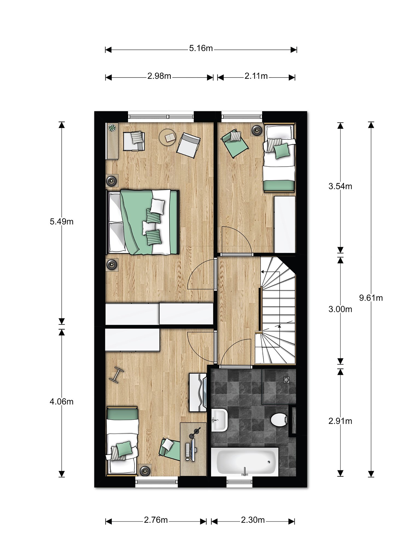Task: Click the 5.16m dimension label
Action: click(x=201, y=48)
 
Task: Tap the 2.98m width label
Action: click(x=159, y=76)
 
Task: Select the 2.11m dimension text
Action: click(x=256, y=76)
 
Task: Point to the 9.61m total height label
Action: click(x=371, y=298)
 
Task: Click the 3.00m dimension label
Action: click(x=340, y=309)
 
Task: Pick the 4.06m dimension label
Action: click(x=62, y=402)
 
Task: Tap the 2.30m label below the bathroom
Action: click(x=253, y=520)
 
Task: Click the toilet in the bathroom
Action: click(x=279, y=419)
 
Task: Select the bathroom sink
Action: click(x=220, y=420)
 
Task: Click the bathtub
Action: click(x=245, y=462)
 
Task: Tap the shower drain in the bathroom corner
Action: click(x=286, y=380)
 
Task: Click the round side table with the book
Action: click(x=168, y=137)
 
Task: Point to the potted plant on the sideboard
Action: click(x=112, y=128)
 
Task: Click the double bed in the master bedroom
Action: click(x=142, y=222)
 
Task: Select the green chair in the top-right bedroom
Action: click(x=235, y=143)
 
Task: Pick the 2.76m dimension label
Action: click(x=156, y=520)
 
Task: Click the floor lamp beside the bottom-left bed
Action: click(x=144, y=471)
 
